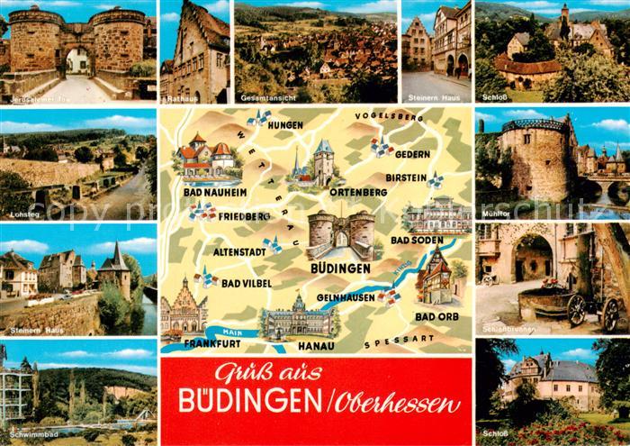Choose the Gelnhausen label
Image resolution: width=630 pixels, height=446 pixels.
pyautogui.click(x=346, y=296)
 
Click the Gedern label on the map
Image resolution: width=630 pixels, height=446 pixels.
pyautogui.click(x=411, y=155)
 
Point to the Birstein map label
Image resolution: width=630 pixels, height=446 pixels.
pyautogui.click(x=405, y=177)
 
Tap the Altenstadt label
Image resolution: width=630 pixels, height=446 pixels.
pyautogui.click(x=234, y=252)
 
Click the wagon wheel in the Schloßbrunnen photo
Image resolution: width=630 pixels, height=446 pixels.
pyautogui.click(x=577, y=310)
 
